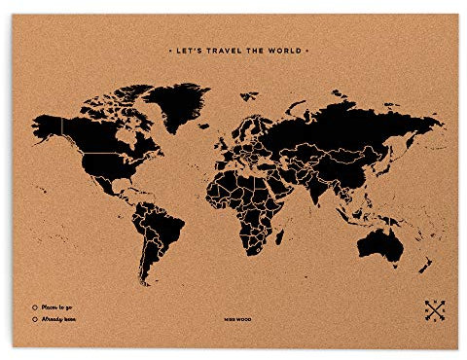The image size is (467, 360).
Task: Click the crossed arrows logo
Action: [x=434, y=311]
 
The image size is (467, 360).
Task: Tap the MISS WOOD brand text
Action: [x=233, y=316]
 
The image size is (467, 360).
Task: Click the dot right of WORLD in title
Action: [x=308, y=46]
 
